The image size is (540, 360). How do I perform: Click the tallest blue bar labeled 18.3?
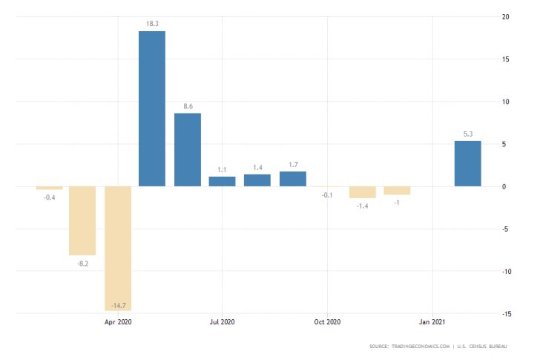(x=152, y=108)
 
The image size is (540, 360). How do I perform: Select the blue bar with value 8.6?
(x=188, y=149)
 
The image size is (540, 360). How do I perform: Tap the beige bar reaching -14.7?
(x=118, y=248)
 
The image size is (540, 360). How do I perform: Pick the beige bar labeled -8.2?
(x=82, y=220)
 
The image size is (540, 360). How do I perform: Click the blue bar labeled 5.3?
(x=467, y=163)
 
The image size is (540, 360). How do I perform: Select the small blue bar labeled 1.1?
(x=222, y=181)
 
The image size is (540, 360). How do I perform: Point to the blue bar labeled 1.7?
(x=293, y=179)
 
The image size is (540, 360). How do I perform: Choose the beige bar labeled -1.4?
(x=363, y=192)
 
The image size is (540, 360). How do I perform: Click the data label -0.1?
(x=327, y=195)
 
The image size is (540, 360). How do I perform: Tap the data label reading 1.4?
(x=257, y=168)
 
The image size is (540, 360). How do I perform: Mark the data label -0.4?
(x=50, y=197)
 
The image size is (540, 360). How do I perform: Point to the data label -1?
(x=398, y=203)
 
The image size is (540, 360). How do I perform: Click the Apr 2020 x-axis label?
(x=118, y=322)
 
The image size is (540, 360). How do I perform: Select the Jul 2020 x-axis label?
(x=222, y=322)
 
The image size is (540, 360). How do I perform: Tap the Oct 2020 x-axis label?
(x=327, y=322)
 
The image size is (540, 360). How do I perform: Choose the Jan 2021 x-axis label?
(x=432, y=322)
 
